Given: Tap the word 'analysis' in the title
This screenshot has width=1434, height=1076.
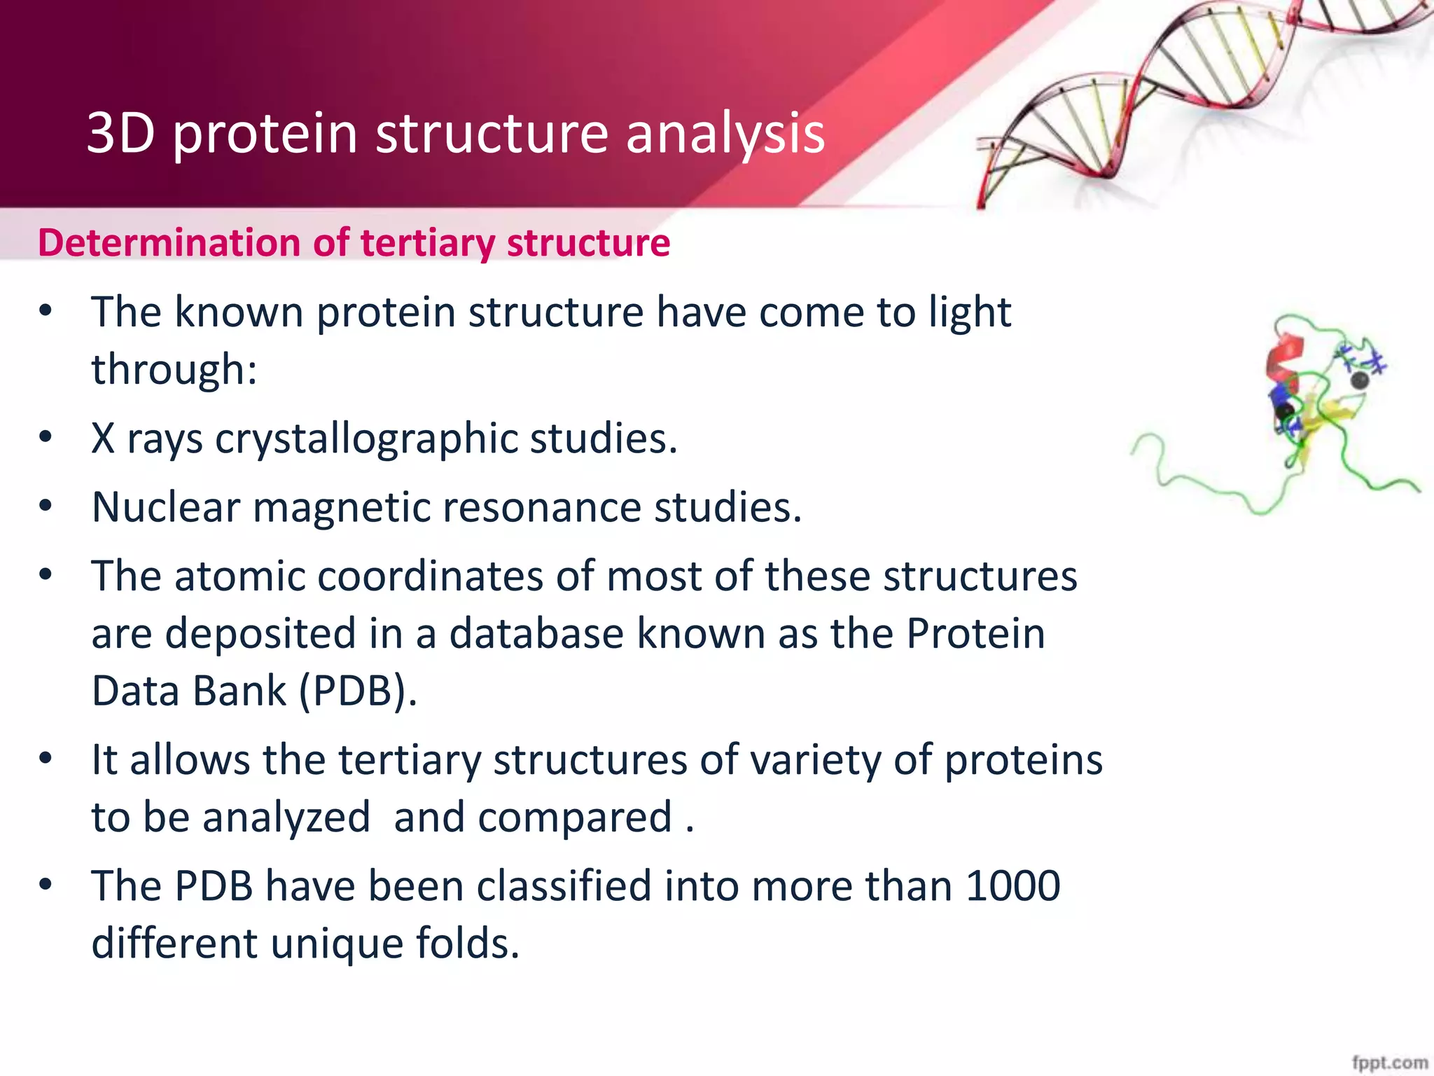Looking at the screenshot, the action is [x=725, y=136].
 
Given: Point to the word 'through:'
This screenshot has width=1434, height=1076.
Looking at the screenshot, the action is [x=174, y=369].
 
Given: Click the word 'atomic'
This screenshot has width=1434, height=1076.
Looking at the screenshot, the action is [x=240, y=577].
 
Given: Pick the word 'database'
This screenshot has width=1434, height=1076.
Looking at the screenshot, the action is [x=536, y=633].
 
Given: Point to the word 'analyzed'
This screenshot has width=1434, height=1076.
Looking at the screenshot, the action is [x=286, y=818].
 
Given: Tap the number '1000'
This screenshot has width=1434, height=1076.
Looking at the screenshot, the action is [x=1012, y=886].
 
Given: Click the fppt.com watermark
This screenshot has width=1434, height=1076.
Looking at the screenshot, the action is [x=1390, y=1062].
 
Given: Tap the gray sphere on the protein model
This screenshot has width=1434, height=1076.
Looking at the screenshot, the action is [x=1359, y=380].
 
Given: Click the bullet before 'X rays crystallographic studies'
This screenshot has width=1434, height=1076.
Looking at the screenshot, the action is [x=46, y=438].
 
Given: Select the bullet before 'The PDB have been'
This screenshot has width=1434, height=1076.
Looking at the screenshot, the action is [x=46, y=885].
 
